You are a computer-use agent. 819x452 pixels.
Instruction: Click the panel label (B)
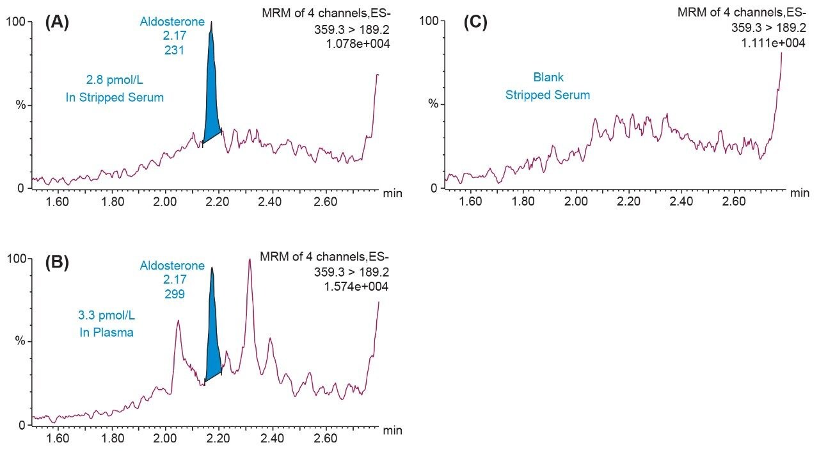tap(57, 262)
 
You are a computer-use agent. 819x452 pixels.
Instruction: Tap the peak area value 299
tap(173, 294)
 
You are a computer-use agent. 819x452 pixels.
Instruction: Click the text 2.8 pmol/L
tap(115, 81)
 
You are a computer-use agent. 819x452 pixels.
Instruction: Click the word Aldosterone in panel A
tap(173, 22)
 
